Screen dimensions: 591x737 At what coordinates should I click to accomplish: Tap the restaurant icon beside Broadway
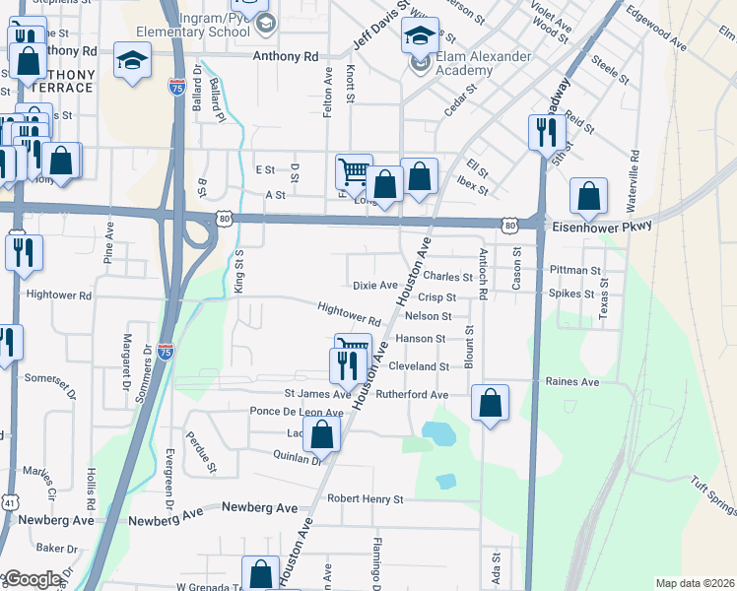(x=547, y=132)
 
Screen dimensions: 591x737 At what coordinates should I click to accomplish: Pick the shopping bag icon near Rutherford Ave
(x=490, y=402)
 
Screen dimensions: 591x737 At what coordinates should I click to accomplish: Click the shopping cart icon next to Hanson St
(x=353, y=346)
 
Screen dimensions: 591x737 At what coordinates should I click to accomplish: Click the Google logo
(x=32, y=579)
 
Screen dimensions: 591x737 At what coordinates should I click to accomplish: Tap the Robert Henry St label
(x=366, y=499)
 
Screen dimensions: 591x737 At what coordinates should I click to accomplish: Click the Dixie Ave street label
(x=374, y=286)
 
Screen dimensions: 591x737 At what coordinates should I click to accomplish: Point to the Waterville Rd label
(x=634, y=180)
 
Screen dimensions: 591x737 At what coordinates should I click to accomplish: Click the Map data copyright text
(x=695, y=583)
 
